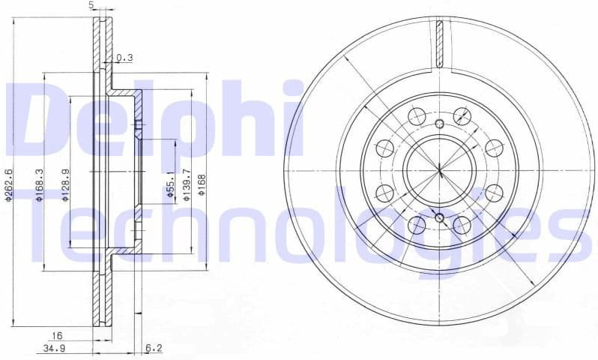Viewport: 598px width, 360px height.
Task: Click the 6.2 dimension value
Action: coord(153,348)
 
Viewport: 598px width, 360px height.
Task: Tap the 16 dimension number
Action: coord(55,336)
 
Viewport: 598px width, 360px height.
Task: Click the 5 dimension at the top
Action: coord(91,5)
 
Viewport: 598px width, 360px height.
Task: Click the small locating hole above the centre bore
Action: coord(440,124)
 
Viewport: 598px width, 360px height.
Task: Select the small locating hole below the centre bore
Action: coord(440,218)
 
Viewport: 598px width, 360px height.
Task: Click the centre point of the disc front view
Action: coord(440,171)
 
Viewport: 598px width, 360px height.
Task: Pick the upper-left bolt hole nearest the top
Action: coord(417,115)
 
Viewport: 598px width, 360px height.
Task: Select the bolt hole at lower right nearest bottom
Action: coord(462,225)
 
